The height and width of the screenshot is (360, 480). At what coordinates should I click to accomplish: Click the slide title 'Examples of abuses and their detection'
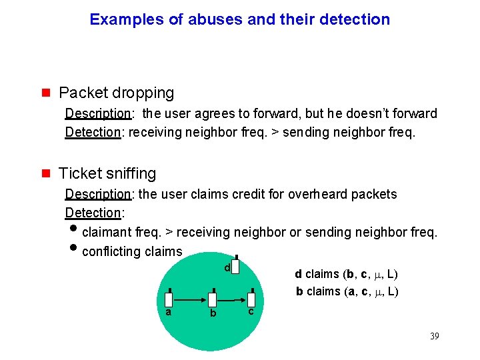[239, 19]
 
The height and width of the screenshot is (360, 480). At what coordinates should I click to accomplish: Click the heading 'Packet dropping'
[116, 93]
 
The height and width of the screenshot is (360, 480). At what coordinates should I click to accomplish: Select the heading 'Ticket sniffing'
[107, 173]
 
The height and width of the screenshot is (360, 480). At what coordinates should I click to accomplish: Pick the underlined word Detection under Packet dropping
[93, 132]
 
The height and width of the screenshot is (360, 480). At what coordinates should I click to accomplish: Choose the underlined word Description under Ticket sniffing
[99, 194]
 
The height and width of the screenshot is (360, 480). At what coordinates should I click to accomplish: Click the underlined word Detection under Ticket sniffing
[93, 213]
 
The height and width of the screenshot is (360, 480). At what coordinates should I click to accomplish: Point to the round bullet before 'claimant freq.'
[73, 231]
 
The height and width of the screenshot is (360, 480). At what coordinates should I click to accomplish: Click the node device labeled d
[236, 267]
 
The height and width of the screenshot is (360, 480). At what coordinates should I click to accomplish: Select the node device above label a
[170, 299]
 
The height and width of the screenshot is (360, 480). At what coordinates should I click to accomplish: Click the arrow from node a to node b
[191, 300]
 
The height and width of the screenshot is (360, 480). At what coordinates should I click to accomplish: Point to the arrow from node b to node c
[231, 300]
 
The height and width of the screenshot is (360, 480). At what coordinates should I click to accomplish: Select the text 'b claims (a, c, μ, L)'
[347, 291]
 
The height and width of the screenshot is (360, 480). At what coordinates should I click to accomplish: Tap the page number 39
[434, 336]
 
